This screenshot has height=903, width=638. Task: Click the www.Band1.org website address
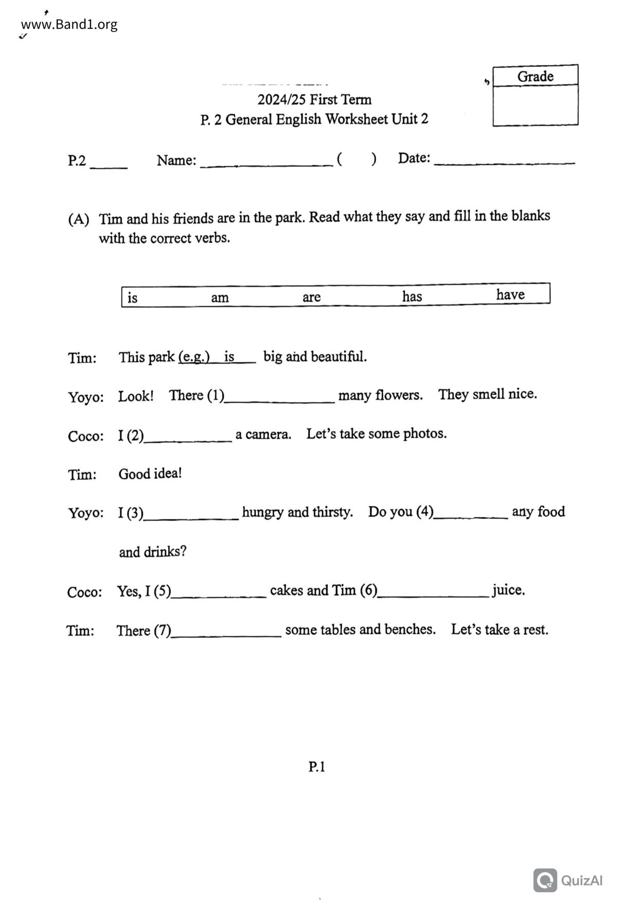pos(69,24)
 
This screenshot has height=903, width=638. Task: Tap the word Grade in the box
pos(535,76)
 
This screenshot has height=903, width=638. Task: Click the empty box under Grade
pos(535,105)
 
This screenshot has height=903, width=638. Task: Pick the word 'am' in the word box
pos(220,297)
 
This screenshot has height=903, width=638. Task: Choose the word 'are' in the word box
pos(311,297)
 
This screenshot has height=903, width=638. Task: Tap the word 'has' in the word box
pos(412,296)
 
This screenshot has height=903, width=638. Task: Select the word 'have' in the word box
pos(510,294)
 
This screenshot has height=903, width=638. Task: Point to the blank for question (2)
pos(188,437)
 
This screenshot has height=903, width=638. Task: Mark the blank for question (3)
pos(191,514)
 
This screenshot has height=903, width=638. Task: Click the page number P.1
pos(316,767)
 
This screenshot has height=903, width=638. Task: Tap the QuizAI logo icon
pos(545,880)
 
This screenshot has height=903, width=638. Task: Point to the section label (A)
pos(78,219)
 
